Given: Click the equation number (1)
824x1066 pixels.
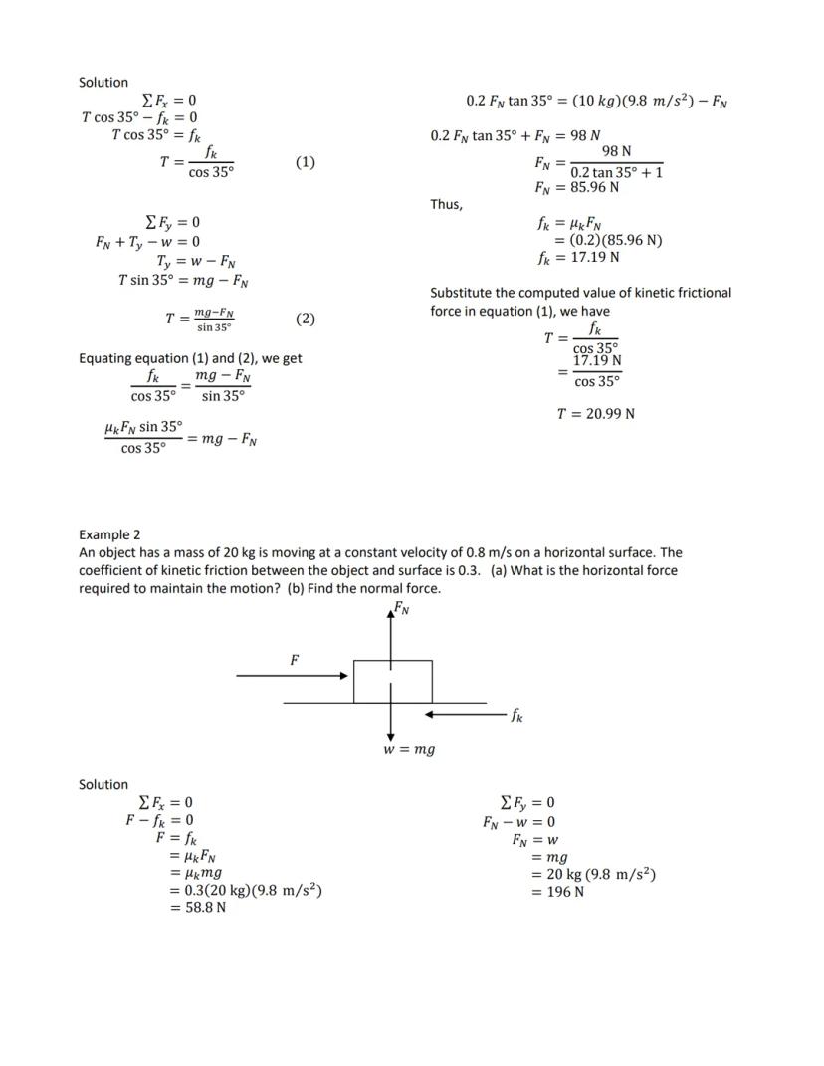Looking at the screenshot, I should (x=306, y=162).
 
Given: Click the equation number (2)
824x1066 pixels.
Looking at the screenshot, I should (x=306, y=320).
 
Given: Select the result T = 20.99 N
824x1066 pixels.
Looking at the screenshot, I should (x=595, y=414).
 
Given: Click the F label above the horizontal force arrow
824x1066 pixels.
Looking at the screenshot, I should (x=295, y=659).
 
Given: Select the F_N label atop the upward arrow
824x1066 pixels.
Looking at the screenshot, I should (x=401, y=607).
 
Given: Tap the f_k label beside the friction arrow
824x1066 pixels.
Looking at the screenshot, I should (x=517, y=715).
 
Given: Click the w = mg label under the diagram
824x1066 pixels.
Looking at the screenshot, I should (x=409, y=749).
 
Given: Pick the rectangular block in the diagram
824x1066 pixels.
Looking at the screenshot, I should (x=393, y=681).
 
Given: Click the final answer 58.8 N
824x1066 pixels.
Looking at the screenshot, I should (x=198, y=908).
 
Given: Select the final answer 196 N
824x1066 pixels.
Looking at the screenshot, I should (x=558, y=892).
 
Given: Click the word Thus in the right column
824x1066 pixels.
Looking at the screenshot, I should (x=446, y=204).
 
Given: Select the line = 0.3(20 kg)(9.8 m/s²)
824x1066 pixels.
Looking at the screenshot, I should (x=246, y=890).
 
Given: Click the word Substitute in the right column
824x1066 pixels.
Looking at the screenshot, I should (x=463, y=293).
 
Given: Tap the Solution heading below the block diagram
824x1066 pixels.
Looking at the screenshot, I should (x=103, y=784).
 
